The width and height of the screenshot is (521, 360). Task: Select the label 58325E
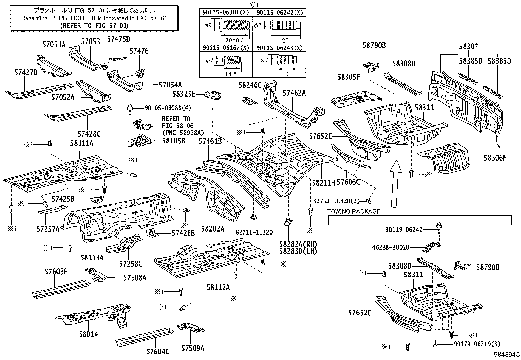(184, 94)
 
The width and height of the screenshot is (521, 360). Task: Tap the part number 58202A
(212, 229)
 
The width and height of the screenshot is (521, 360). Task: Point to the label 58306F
(495, 158)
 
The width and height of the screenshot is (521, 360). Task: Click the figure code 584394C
(507, 355)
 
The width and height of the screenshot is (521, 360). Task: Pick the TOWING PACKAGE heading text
(354, 212)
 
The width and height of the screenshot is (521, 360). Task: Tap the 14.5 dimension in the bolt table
(231, 74)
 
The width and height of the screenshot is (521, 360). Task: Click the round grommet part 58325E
(213, 95)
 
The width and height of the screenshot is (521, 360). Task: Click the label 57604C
(158, 351)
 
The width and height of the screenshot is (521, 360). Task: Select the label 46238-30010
(391, 247)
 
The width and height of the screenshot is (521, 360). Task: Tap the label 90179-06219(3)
(477, 344)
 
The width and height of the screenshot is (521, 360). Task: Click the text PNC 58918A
(183, 132)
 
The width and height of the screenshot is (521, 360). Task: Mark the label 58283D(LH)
(298, 251)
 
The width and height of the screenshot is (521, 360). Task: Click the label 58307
(468, 47)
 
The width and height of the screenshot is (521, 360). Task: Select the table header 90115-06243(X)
(279, 48)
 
